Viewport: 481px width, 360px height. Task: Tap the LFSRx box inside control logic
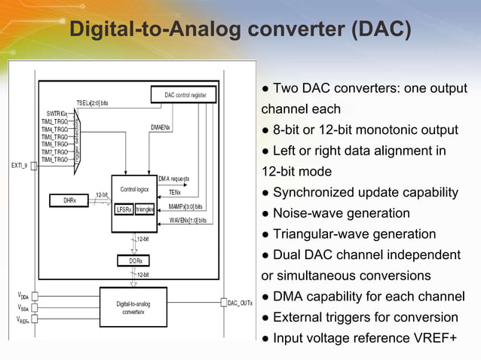[124, 209]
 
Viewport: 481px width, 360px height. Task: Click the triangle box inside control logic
[145, 209]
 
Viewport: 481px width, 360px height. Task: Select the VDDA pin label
[24, 296]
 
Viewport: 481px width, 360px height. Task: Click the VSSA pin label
[24, 307]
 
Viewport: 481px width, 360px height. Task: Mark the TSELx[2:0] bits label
[92, 102]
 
